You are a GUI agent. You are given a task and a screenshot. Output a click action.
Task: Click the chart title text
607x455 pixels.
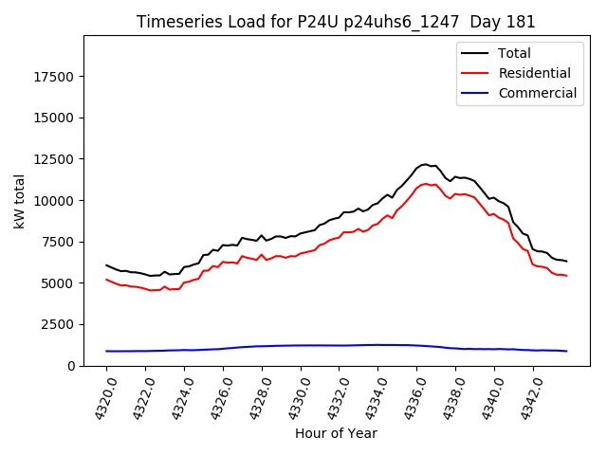(x=336, y=22)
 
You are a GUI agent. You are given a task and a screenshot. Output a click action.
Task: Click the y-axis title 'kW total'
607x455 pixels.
(x=19, y=201)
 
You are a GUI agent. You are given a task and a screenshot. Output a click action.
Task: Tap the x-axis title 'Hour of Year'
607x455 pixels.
(x=336, y=433)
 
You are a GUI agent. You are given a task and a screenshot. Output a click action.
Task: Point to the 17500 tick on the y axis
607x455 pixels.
(x=56, y=77)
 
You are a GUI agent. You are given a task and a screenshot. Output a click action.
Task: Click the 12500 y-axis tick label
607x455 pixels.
(x=56, y=159)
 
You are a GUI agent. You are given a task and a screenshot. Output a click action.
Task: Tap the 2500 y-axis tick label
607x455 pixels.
(x=60, y=324)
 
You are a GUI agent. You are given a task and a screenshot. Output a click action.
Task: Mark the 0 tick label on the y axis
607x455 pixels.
(x=72, y=366)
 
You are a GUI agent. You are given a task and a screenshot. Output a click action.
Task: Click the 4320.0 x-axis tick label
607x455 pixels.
(x=101, y=396)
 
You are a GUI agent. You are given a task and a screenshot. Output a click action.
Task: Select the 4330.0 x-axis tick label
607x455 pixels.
(x=295, y=396)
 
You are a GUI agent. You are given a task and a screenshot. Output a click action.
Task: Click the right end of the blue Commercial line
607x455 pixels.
(x=566, y=351)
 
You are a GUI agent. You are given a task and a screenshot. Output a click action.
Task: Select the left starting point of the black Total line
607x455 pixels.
(x=106, y=265)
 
